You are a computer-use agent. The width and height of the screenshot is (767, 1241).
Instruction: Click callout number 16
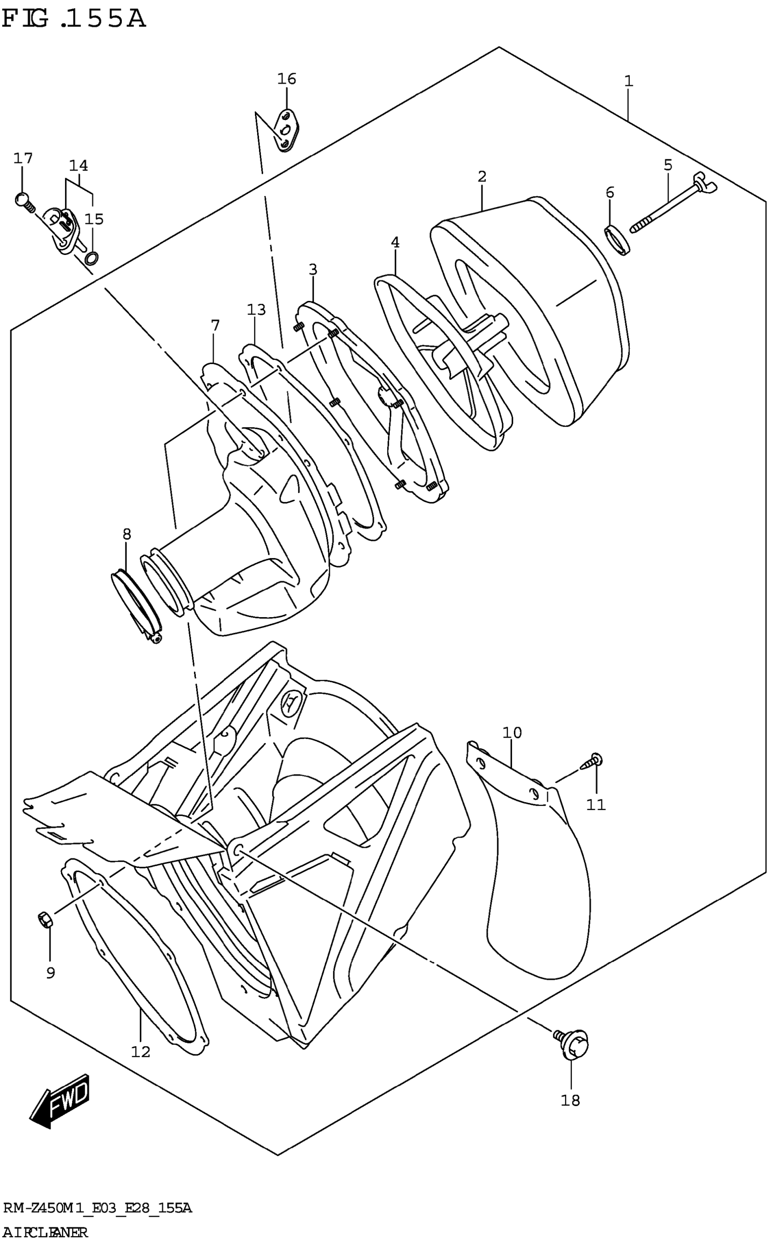[x=286, y=79]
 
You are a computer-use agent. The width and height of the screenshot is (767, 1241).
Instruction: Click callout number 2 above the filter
[x=481, y=177]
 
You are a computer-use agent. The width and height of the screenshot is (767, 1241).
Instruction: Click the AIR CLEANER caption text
[x=45, y=1232]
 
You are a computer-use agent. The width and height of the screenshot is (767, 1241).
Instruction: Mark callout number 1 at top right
[x=628, y=81]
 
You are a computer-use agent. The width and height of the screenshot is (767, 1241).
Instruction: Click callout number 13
[x=256, y=309]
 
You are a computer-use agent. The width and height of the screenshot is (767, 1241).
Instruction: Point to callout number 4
[x=395, y=242]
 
